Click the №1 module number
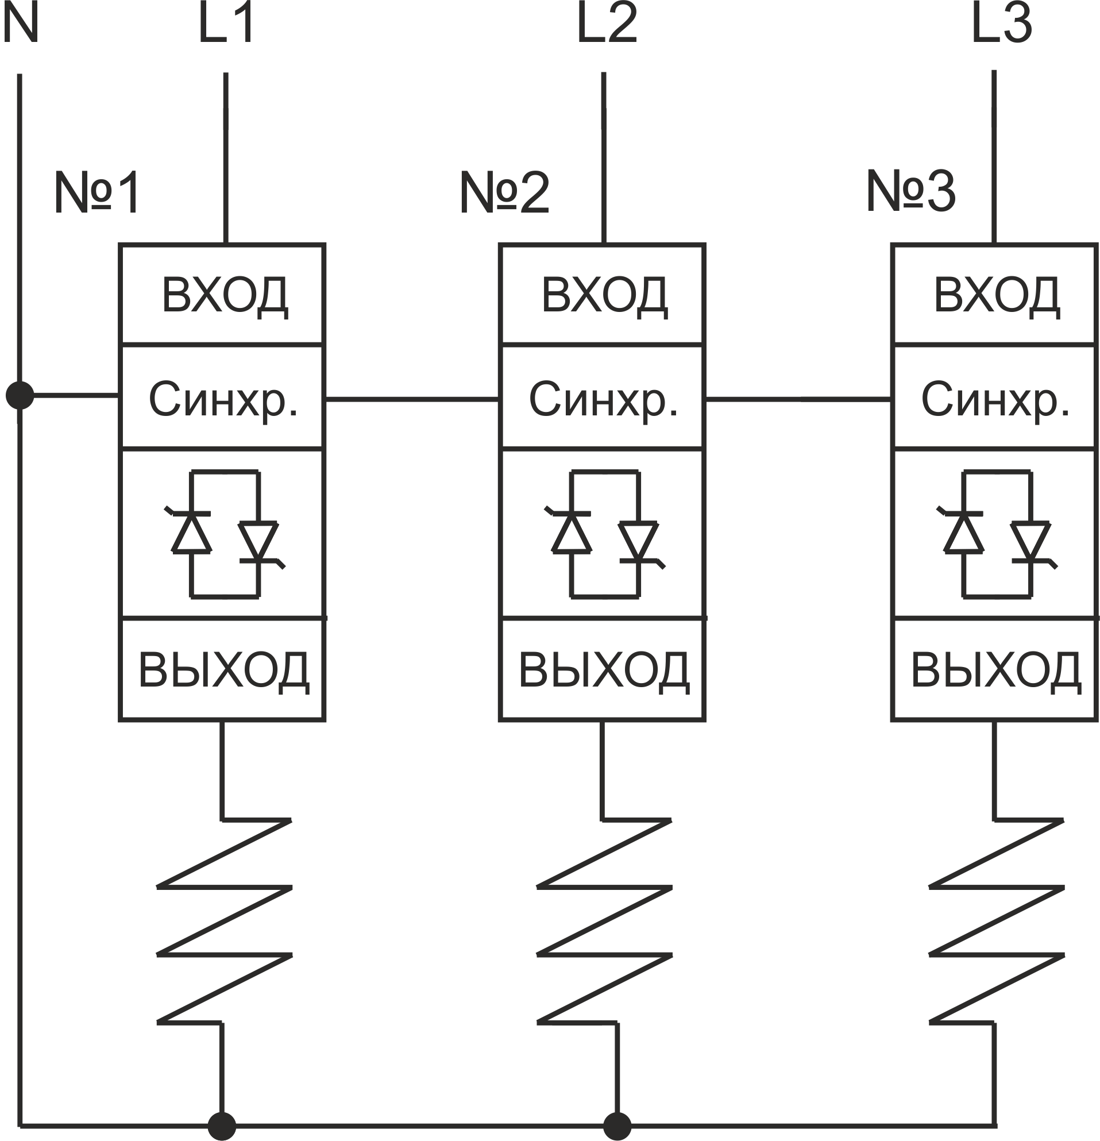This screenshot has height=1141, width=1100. point(97,192)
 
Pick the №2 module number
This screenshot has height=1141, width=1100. point(504,192)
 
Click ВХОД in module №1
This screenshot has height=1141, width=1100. point(225,296)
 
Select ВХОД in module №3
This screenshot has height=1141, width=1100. point(997,296)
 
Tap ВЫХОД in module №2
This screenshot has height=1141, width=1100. point(604,669)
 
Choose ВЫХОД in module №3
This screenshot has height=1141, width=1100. point(996,669)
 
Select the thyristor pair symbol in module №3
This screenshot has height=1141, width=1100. point(997,534)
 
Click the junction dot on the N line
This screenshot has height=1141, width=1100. point(20,396)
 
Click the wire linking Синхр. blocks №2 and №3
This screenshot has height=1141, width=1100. point(797,399)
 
